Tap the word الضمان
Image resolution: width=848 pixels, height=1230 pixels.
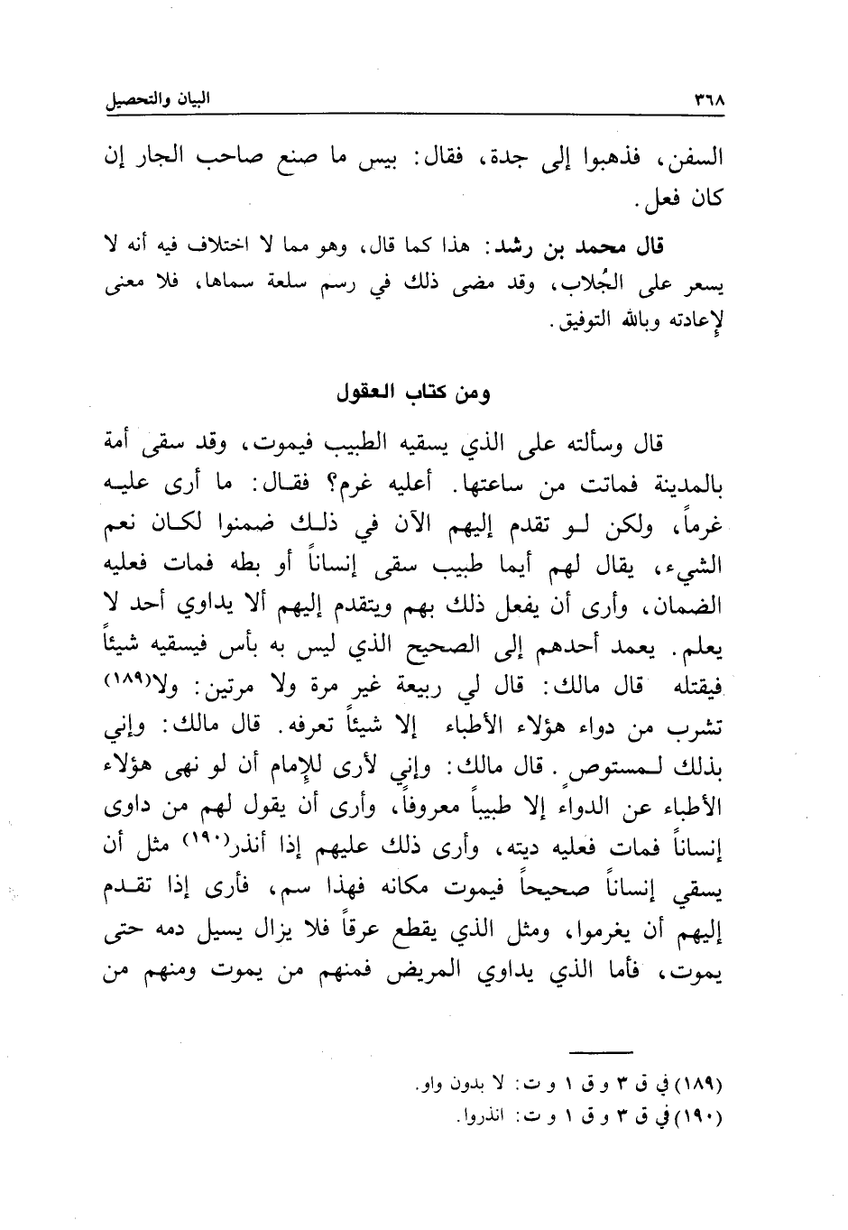click(x=692, y=606)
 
